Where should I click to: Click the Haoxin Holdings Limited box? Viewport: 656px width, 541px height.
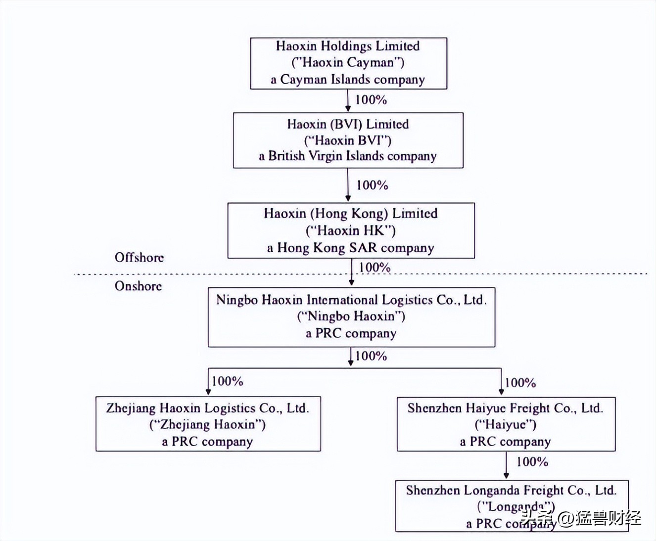pyautogui.click(x=348, y=63)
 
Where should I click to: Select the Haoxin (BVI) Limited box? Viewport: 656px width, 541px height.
pyautogui.click(x=348, y=140)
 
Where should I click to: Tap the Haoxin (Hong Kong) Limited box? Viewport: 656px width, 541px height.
pyautogui.click(x=351, y=230)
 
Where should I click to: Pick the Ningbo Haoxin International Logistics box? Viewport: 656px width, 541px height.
pyautogui.click(x=351, y=316)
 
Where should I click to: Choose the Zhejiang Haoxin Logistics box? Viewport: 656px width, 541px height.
pyautogui.click(x=208, y=424)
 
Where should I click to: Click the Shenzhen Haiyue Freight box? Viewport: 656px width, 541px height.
pyautogui.click(x=506, y=424)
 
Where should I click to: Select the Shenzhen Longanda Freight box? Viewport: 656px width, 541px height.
pyautogui.click(x=512, y=505)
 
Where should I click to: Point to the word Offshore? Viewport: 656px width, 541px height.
pyautogui.click(x=139, y=257)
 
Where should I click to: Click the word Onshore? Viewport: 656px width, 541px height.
pyautogui.click(x=138, y=286)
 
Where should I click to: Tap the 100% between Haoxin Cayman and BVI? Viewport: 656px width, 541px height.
pyautogui.click(x=371, y=99)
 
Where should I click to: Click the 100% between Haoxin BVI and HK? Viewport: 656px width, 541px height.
pyautogui.click(x=372, y=185)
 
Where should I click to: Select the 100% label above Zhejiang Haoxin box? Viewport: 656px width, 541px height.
pyautogui.click(x=228, y=381)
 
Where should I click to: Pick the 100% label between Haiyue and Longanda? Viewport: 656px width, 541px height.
pyautogui.click(x=532, y=462)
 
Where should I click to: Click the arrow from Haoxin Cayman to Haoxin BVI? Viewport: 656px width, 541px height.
pyautogui.click(x=348, y=101)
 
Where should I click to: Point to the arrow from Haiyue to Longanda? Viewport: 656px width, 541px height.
pyautogui.click(x=506, y=465)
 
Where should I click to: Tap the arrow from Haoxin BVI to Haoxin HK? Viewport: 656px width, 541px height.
pyautogui.click(x=348, y=185)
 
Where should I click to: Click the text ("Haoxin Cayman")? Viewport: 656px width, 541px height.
pyautogui.click(x=348, y=62)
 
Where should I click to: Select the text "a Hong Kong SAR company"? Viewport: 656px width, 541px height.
pyautogui.click(x=350, y=248)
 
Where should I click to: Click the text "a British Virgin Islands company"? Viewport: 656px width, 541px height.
pyautogui.click(x=347, y=156)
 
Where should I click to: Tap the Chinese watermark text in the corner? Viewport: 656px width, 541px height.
pyautogui.click(x=582, y=518)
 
